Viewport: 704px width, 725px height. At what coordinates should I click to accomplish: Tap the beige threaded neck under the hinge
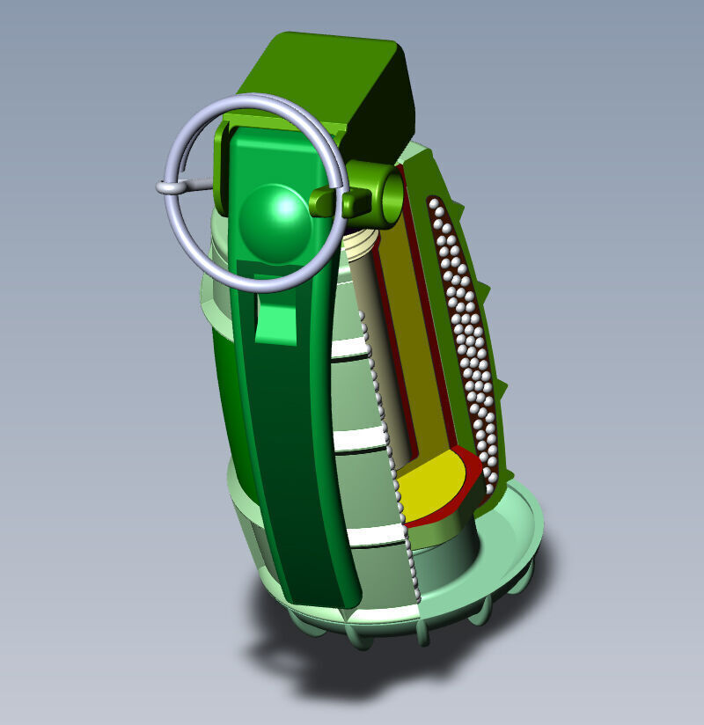pyautogui.click(x=361, y=241)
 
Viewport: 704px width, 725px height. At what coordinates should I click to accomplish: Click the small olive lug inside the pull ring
pyautogui.click(x=324, y=201)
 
